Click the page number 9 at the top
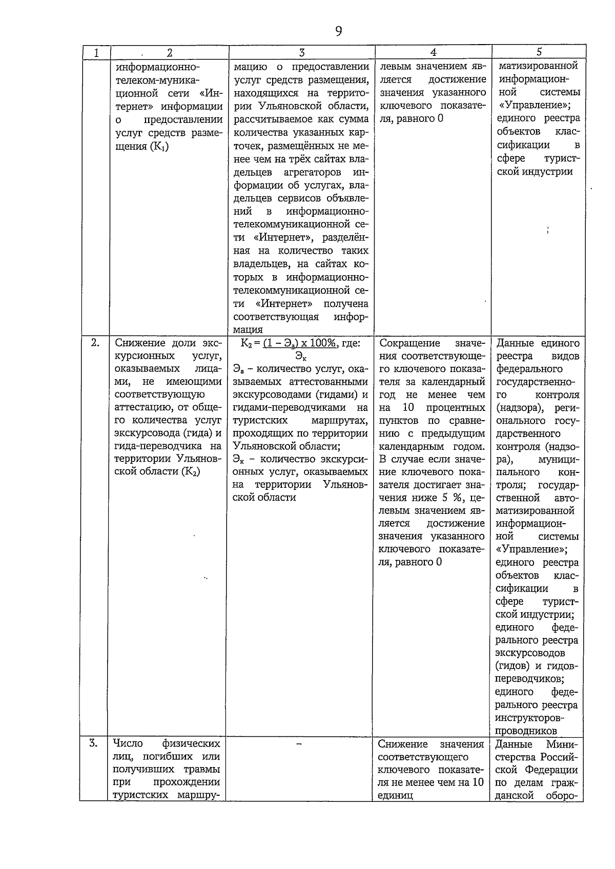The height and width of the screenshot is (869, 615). (338, 32)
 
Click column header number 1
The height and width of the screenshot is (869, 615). (95, 52)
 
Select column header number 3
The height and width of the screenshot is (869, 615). (302, 52)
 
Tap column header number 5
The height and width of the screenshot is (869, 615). (539, 52)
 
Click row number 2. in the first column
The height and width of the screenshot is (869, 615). (95, 343)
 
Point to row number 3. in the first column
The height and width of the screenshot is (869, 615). (93, 743)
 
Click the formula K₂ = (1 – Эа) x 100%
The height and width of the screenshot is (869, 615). (300, 343)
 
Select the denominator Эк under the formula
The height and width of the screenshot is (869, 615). (300, 356)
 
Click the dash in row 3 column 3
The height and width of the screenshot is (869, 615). (300, 743)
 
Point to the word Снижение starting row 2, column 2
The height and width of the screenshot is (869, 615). (135, 343)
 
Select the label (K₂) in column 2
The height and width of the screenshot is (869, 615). (190, 471)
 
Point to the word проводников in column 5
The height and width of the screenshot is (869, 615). (526, 731)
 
